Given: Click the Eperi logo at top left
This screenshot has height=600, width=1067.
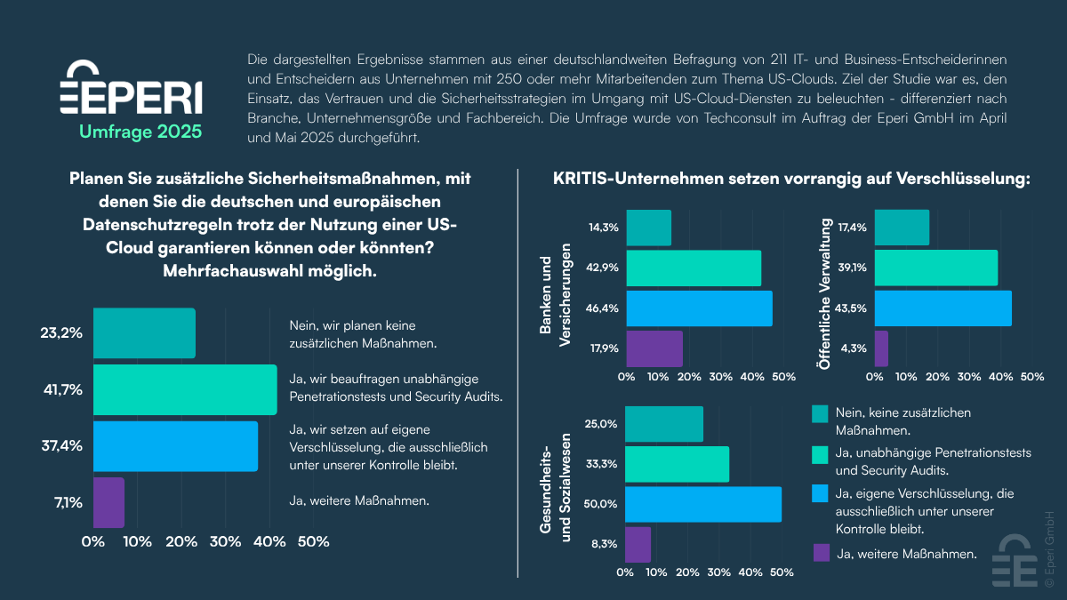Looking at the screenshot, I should point(130,89).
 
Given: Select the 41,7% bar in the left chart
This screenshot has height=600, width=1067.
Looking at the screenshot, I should point(185,389).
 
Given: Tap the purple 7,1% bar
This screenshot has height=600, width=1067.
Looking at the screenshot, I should point(108,502).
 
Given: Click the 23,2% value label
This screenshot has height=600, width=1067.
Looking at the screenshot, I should point(61,333).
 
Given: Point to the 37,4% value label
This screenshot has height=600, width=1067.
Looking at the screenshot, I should point(61,445).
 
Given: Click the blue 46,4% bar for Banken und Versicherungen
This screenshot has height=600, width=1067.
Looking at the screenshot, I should point(699,308).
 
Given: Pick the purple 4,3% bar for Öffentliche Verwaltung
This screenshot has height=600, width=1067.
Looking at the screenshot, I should point(881,348).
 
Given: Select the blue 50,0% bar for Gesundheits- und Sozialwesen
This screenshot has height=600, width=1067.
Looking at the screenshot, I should point(703,504).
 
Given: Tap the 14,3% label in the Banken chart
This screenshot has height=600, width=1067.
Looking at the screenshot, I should point(604,228).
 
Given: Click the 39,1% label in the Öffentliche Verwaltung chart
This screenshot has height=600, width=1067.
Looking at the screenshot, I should point(853,268).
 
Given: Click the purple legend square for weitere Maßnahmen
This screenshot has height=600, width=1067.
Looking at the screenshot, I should point(821,553).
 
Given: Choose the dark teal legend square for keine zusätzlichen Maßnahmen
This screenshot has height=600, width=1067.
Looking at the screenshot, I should point(820,413).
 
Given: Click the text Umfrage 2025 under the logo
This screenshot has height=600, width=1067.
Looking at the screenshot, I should point(140,132).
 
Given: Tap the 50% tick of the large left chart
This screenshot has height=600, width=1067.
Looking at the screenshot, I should point(312,541).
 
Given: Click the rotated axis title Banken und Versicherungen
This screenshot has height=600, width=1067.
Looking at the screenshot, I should point(553,295).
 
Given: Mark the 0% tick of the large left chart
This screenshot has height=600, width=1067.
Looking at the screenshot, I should point(93,541).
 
